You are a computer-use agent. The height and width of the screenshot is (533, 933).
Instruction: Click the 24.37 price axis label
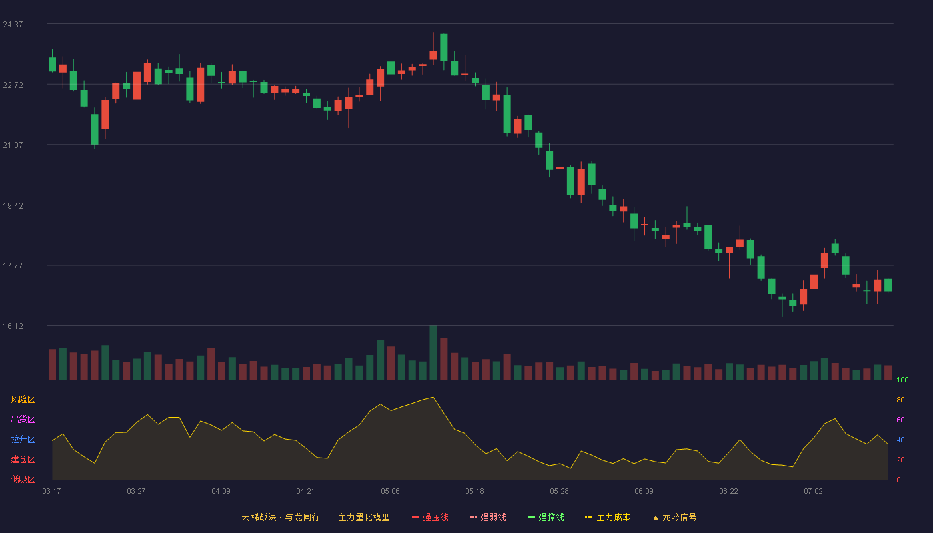point(13,25)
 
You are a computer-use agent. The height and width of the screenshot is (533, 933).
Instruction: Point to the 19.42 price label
point(13,206)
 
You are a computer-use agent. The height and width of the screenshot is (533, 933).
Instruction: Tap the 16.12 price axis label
point(13,326)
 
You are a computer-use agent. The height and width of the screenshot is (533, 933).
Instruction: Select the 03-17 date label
point(52,492)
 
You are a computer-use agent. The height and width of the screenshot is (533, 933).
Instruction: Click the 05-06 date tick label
point(390,492)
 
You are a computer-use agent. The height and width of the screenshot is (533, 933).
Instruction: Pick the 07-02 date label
point(813,492)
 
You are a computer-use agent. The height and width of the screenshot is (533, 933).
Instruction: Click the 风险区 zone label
point(23,400)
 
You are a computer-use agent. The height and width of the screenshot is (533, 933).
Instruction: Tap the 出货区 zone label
point(23,419)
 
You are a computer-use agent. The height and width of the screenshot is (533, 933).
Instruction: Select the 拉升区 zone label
point(23,439)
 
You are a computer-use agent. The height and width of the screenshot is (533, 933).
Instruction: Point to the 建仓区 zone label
point(23,459)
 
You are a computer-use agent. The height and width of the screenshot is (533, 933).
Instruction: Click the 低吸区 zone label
point(23,479)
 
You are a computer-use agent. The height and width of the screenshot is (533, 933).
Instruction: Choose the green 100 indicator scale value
point(902,380)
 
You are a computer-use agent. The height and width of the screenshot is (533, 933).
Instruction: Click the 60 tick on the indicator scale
point(900,420)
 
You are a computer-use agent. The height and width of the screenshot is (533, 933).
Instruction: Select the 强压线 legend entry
point(430,517)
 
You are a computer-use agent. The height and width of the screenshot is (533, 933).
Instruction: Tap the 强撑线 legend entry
point(546,517)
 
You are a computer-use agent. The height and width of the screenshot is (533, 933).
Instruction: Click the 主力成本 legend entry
point(608,517)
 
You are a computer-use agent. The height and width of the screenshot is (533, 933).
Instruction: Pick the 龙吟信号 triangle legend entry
point(674,517)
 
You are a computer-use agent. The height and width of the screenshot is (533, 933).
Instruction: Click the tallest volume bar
point(433,352)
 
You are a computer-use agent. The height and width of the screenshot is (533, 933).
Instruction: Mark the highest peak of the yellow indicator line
point(433,397)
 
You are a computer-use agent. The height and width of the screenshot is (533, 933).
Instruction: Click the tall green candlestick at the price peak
point(444,47)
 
